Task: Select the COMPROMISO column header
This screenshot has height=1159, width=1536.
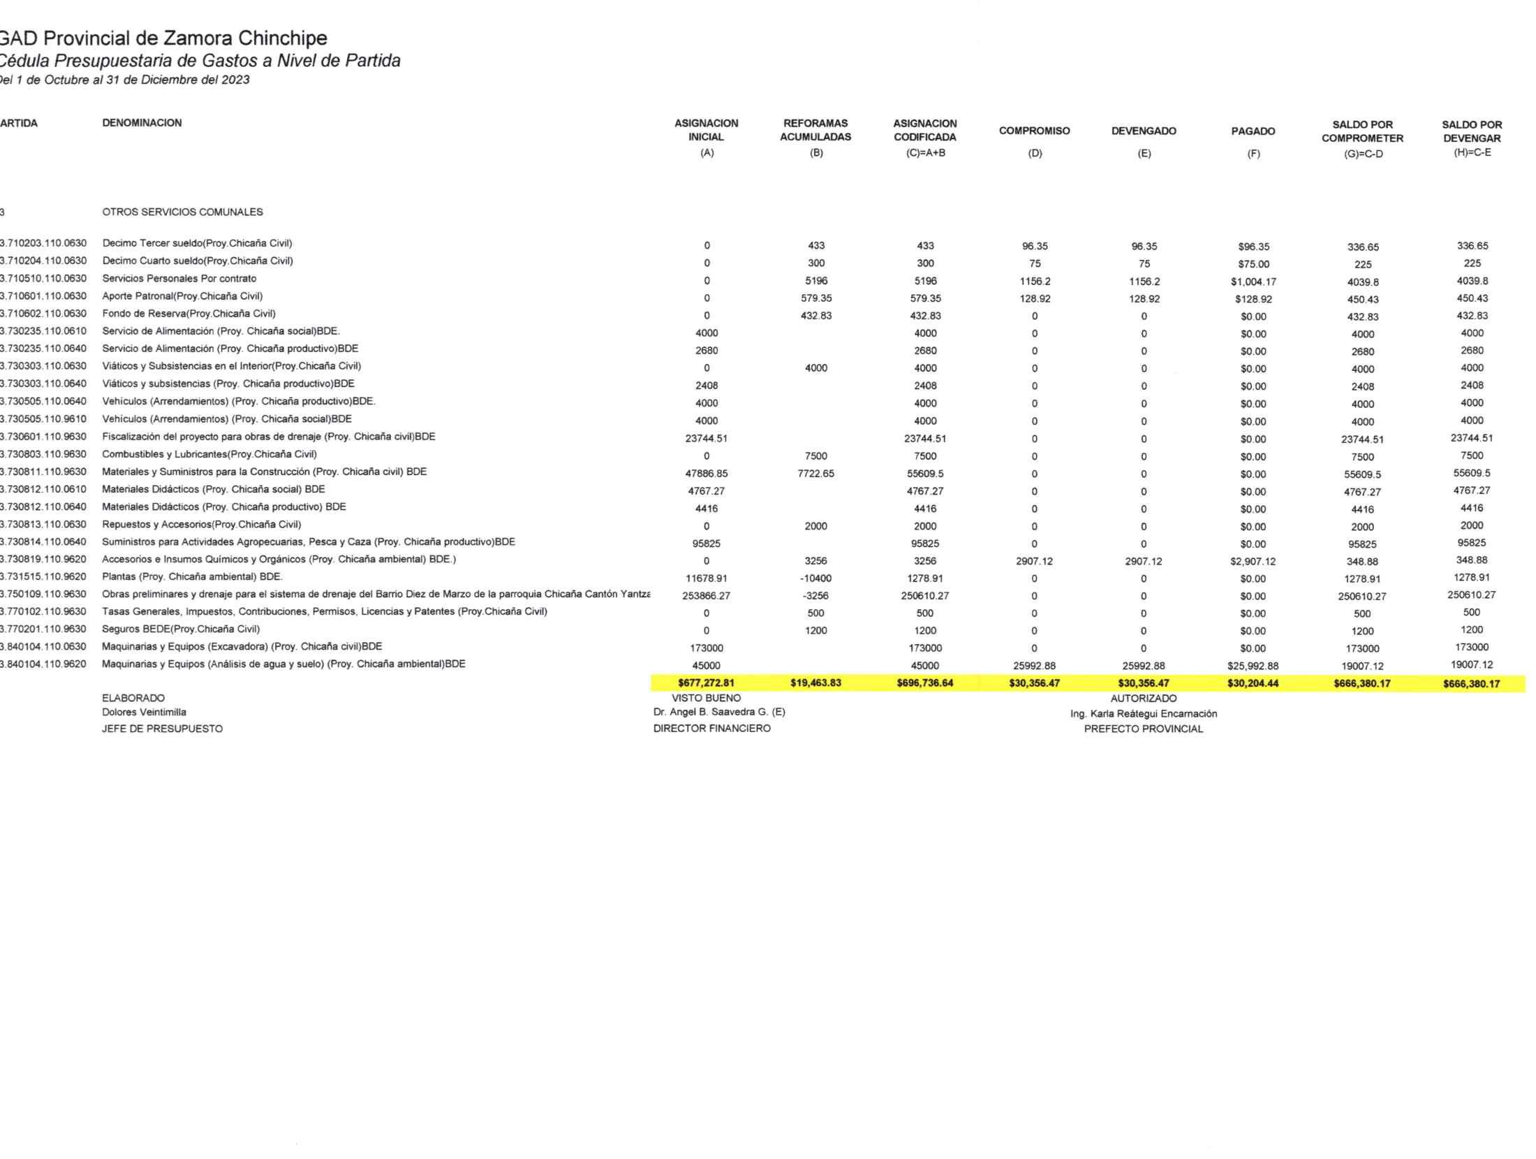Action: pos(1034,131)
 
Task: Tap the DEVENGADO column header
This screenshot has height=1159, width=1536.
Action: pos(1144,131)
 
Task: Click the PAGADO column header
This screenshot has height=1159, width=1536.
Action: pos(1253,131)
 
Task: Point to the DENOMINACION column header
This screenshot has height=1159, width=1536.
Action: pos(142,123)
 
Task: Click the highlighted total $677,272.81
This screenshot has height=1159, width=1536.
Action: pos(706,683)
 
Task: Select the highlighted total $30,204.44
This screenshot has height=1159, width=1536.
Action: pos(1253,683)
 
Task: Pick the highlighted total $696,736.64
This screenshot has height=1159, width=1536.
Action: pos(924,683)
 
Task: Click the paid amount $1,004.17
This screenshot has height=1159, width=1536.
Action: pos(1253,282)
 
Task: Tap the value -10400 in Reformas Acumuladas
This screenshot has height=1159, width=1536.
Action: pos(815,578)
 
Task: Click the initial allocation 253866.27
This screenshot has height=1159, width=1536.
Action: pos(706,596)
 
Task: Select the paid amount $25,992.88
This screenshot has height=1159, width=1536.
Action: pos(1253,666)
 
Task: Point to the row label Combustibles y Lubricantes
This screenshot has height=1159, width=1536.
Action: pos(209,454)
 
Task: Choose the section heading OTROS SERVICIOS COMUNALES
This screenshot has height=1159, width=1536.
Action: pos(182,212)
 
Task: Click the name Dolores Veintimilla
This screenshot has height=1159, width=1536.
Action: pos(144,712)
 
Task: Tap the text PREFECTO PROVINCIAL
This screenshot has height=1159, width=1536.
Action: pos(1143,729)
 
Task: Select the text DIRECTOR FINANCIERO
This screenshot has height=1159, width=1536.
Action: pos(711,728)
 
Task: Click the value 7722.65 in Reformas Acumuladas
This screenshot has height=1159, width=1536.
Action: pos(815,474)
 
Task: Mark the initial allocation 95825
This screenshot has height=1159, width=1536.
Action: pos(706,544)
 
